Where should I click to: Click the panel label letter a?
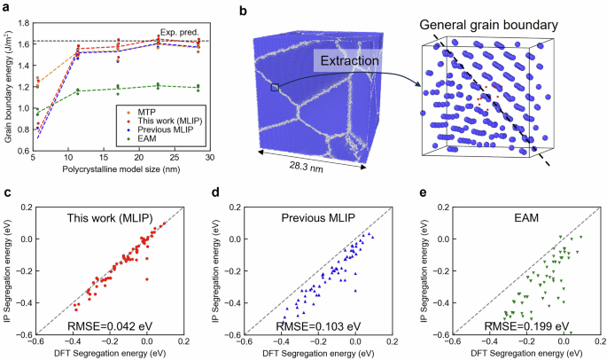(6, 7)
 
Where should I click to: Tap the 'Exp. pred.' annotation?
(189, 31)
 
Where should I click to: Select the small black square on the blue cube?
(275, 87)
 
